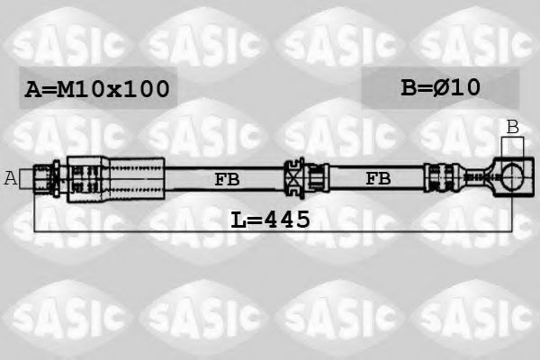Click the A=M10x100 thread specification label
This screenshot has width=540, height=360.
(97, 88)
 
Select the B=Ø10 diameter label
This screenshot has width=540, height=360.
(440, 87)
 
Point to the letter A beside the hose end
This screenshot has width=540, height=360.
(11, 178)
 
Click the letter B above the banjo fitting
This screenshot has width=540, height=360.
(512, 127)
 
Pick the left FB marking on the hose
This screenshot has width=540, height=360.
(227, 179)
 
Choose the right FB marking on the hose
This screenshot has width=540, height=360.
(378, 179)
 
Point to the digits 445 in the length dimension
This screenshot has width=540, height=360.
(287, 219)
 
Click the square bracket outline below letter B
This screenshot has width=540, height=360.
(512, 148)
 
